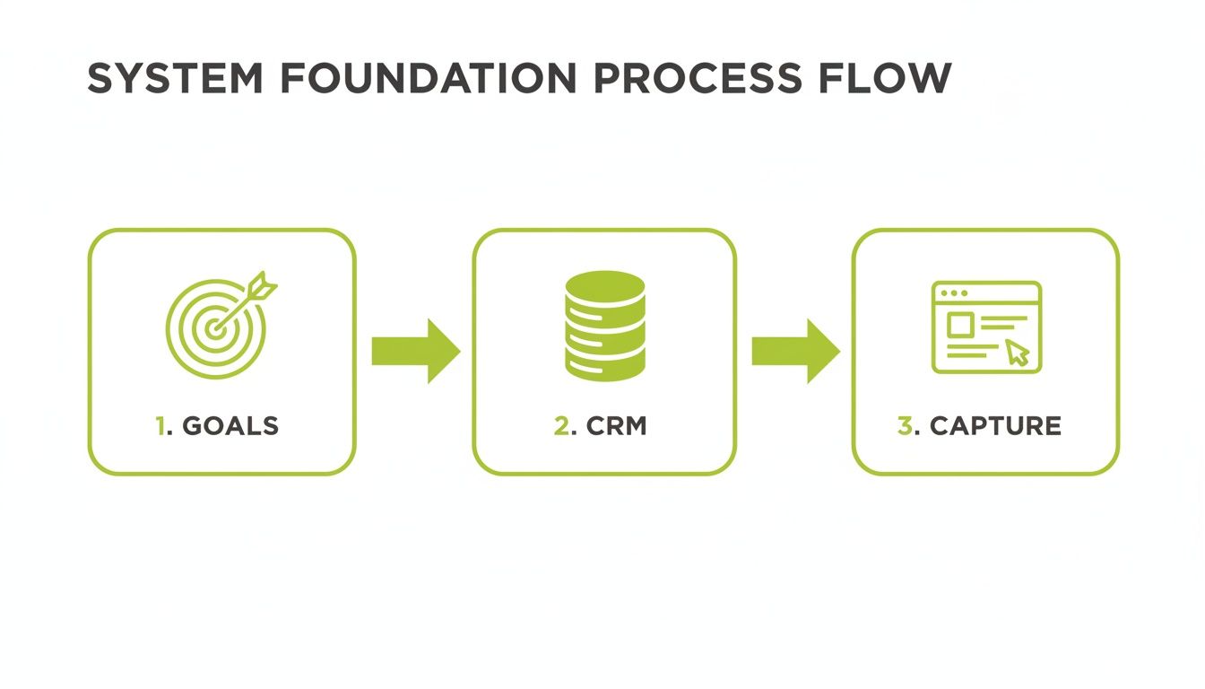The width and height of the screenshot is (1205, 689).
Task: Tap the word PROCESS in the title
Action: click(697, 80)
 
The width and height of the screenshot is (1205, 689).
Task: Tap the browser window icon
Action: click(986, 327)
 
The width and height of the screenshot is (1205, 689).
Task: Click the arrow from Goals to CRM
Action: click(415, 351)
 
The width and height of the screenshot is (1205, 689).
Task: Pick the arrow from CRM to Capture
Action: click(795, 351)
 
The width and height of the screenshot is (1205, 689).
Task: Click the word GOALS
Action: click(230, 426)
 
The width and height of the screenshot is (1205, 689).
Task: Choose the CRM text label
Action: click(616, 426)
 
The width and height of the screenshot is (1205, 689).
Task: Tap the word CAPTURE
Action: click(995, 426)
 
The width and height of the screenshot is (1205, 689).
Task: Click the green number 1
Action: click(160, 426)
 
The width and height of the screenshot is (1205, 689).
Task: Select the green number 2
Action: click(561, 426)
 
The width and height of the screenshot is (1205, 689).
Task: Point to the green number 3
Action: click(905, 426)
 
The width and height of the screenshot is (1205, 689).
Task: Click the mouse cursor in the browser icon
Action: click(1017, 353)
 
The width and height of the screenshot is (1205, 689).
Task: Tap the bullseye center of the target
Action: click(213, 328)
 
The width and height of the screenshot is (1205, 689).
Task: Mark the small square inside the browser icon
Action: click(959, 325)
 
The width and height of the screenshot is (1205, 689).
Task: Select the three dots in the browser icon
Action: click(953, 293)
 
